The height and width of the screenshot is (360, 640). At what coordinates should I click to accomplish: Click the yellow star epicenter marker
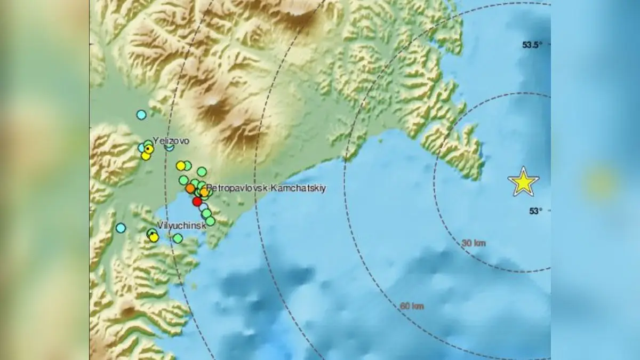pyautogui.click(x=523, y=182)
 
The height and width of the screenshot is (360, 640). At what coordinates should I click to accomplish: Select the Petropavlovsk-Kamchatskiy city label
pyautogui.click(x=266, y=188)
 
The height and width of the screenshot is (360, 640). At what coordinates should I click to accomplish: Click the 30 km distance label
pyautogui.click(x=473, y=243)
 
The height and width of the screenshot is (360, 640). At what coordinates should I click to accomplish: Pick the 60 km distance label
pyautogui.click(x=411, y=306)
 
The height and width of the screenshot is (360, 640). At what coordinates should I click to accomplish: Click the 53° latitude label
pyautogui.click(x=535, y=211)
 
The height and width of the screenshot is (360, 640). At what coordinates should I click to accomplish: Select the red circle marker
pyautogui.click(x=197, y=202)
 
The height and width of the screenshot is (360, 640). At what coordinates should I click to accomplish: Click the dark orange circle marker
pyautogui.click(x=190, y=188)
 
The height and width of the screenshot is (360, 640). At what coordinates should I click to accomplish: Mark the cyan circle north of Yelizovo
pyautogui.click(x=141, y=114)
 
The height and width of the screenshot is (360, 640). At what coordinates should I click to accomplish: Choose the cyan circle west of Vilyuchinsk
pyautogui.click(x=121, y=228)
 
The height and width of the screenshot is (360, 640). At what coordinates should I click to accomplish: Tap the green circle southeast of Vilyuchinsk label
pyautogui.click(x=178, y=238)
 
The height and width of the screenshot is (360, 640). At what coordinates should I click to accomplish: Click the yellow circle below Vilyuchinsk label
pyautogui.click(x=154, y=237)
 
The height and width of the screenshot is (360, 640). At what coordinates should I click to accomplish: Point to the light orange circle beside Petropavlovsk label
pyautogui.click(x=204, y=191)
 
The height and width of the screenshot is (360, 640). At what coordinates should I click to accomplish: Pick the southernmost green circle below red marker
pyautogui.click(x=210, y=221)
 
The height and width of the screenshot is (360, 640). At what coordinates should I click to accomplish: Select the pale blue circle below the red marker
pyautogui.click(x=203, y=206)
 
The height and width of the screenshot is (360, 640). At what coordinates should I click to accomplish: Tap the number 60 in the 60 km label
pyautogui.click(x=405, y=306)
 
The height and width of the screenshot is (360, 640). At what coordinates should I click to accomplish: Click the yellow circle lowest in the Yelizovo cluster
pyautogui.click(x=146, y=156)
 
